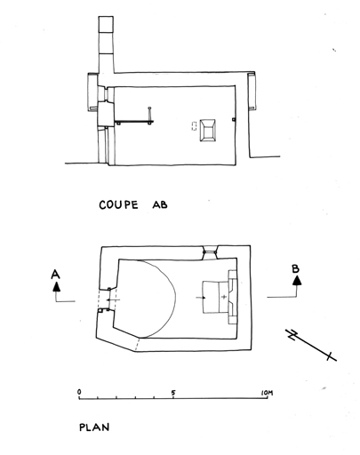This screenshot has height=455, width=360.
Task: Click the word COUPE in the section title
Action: pos(118,205)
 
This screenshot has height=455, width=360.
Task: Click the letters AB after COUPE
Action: pos(160,204)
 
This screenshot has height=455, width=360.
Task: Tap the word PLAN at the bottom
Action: pos(94,427)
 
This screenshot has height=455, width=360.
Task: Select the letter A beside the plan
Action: pos(55,275)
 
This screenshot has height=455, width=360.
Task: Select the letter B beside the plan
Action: pos(296,268)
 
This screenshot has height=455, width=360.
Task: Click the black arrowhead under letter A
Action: pos(56,287)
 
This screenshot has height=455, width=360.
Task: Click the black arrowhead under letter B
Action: pos(297,281)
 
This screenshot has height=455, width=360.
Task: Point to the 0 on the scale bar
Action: pos(79,392)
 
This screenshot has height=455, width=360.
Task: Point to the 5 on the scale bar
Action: pos(173,393)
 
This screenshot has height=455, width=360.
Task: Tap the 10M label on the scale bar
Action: pos(267,393)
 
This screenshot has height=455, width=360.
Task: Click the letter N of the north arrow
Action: pos(292,335)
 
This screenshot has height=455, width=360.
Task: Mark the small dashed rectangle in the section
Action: pos(194,125)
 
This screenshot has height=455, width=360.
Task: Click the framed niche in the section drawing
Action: pos(207,131)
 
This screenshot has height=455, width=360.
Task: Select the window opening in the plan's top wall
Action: pos(211,252)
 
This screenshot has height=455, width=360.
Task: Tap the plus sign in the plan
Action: pos(224,297)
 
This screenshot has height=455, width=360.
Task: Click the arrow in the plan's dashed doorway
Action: pos(114,300)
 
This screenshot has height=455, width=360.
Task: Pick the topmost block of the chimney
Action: pos(106,24)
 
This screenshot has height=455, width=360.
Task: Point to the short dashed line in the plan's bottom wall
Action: pos(138,344)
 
